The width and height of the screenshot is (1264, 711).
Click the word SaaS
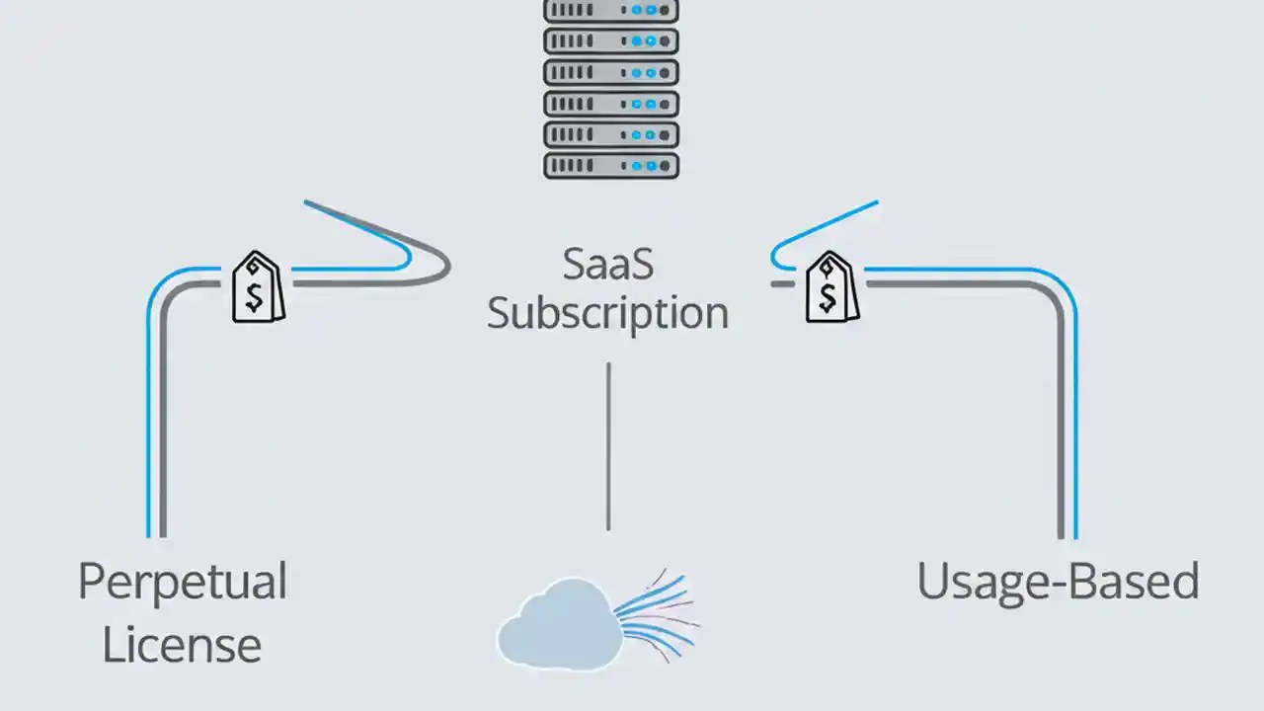pyautogui.click(x=607, y=265)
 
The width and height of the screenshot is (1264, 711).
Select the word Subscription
pyautogui.click(x=607, y=314)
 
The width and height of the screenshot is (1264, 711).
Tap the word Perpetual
pyautogui.click(x=182, y=582)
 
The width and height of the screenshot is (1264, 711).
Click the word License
pyautogui.click(x=182, y=645)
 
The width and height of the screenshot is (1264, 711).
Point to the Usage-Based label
pyautogui.click(x=1058, y=582)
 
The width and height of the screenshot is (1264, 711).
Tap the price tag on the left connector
pyautogui.click(x=258, y=287)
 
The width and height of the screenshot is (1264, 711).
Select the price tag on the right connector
pyautogui.click(x=831, y=287)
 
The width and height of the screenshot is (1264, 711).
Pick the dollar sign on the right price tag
pyautogui.click(x=828, y=294)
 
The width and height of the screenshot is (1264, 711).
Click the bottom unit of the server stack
pyautogui.click(x=611, y=164)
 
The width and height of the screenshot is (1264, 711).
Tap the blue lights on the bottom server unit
pyautogui.click(x=643, y=164)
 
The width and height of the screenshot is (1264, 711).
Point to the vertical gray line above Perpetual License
pyautogui.click(x=163, y=425)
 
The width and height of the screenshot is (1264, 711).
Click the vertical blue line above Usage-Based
pyautogui.click(x=1075, y=425)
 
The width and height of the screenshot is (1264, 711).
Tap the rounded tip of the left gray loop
pyautogui.click(x=445, y=266)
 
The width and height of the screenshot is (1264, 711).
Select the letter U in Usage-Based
pyautogui.click(x=934, y=582)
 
